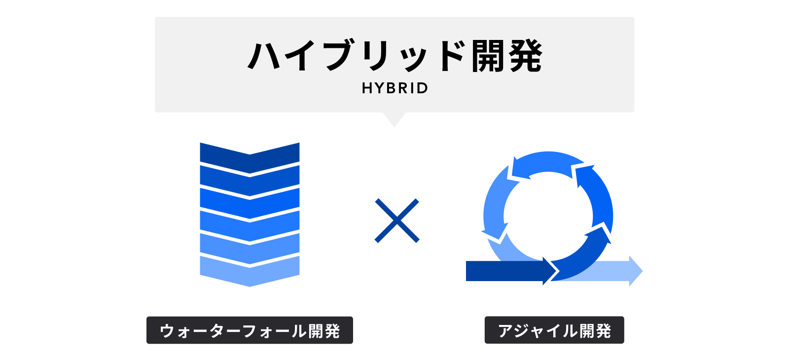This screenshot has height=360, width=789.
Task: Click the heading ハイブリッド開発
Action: coord(394,56)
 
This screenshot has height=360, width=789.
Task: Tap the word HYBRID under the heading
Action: coord(394,88)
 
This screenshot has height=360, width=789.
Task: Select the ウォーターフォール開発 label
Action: coord(250,330)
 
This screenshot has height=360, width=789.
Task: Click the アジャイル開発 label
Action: coord(554,330)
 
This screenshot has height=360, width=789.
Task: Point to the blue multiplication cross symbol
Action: coord(397,220)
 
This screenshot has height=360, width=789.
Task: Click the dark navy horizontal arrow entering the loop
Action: coord(508,271)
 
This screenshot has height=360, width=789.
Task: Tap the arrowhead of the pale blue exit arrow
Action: coord(636,271)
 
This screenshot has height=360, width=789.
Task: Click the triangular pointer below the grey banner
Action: coord(394,119)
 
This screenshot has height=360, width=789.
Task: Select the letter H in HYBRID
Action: coord(367,88)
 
